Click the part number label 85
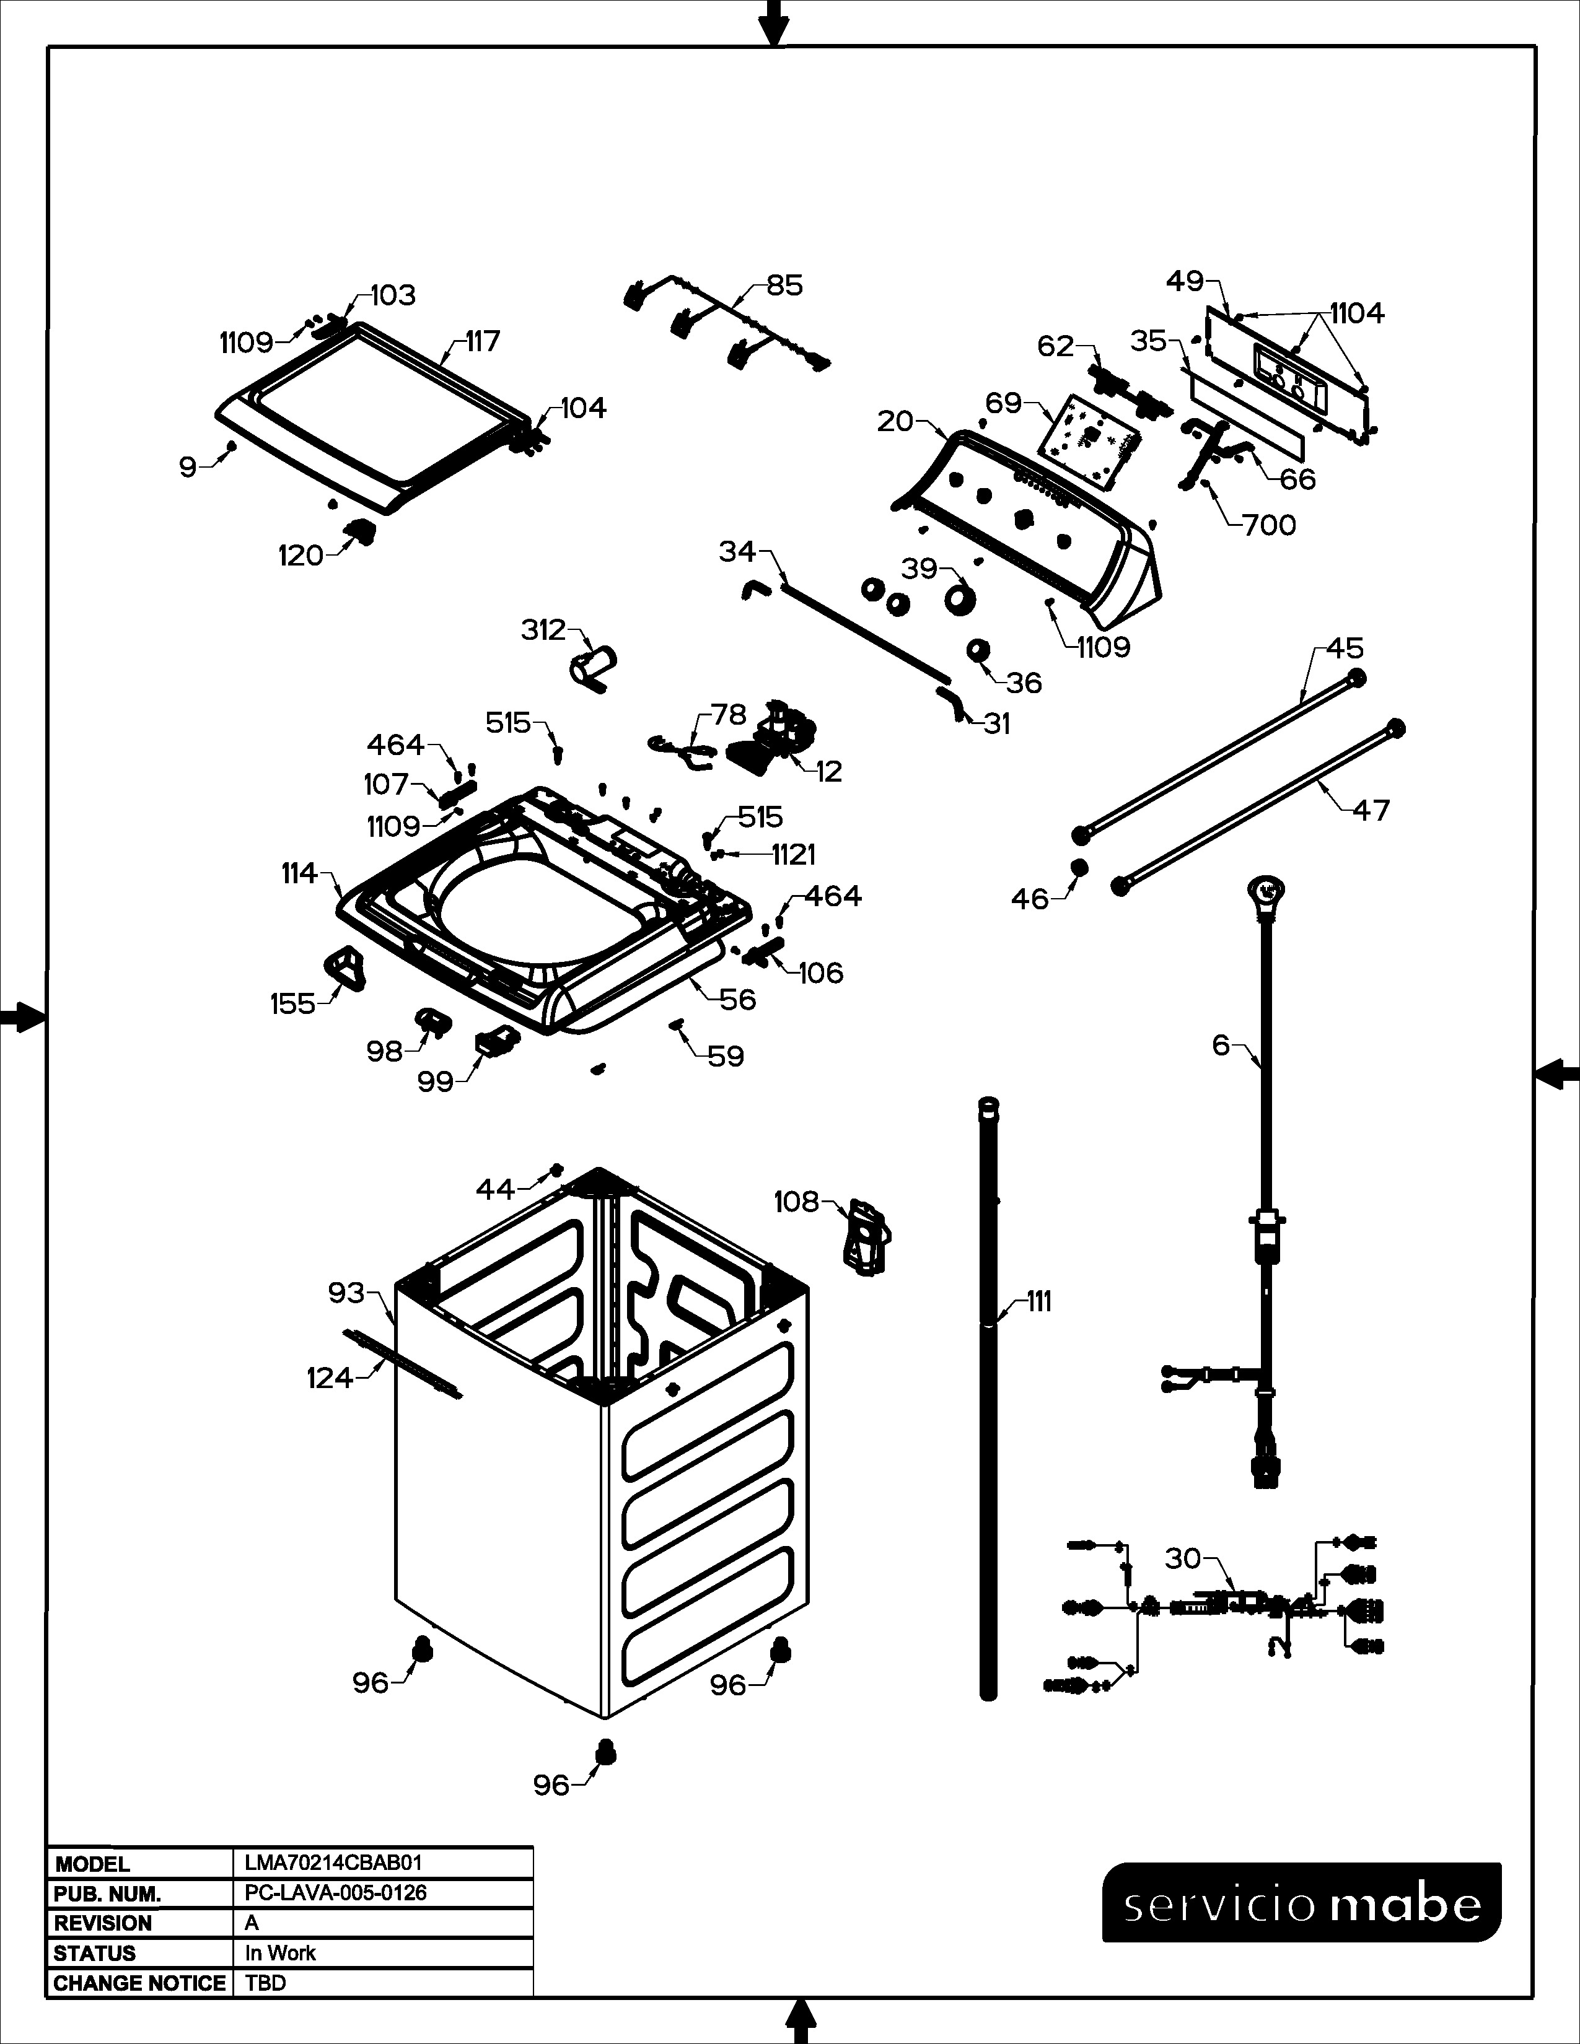coord(784,286)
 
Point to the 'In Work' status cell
coord(280,1952)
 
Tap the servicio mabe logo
coord(1302,1905)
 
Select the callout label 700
coord(1269,525)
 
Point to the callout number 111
coord(1038,1302)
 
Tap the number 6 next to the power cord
coord(1221,1044)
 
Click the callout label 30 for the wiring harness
coord(1183,1558)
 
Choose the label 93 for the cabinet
coord(346,1293)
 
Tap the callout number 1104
coord(1357,313)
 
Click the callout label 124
coord(330,1378)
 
